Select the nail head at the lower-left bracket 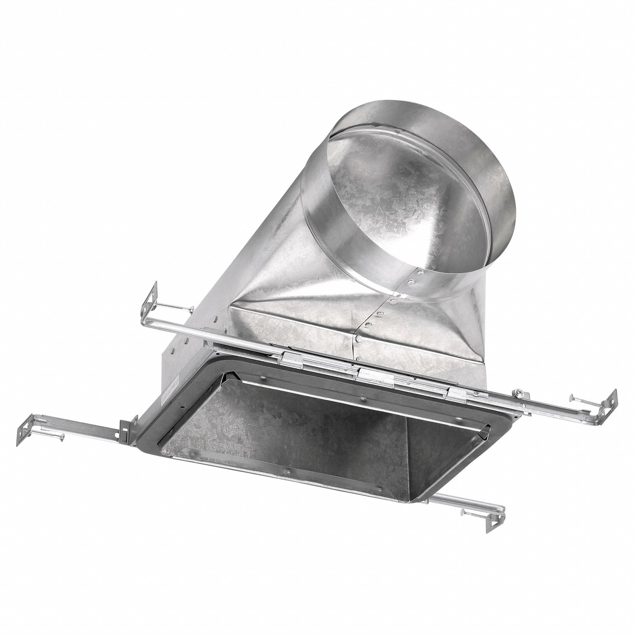61,436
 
